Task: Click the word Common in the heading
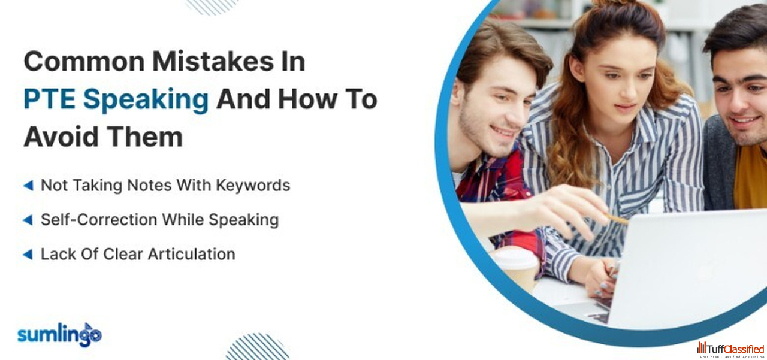[84, 62]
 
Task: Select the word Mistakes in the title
[213, 61]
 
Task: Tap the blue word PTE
[49, 99]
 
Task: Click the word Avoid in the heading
[61, 137]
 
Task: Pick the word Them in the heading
[144, 137]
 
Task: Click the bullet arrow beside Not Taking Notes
[28, 186]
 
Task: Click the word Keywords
[253, 186]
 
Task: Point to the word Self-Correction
[99, 220]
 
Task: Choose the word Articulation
[191, 254]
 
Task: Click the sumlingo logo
[59, 335]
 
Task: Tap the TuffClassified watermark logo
[730, 350]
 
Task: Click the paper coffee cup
[517, 267]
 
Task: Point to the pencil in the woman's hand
[615, 219]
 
